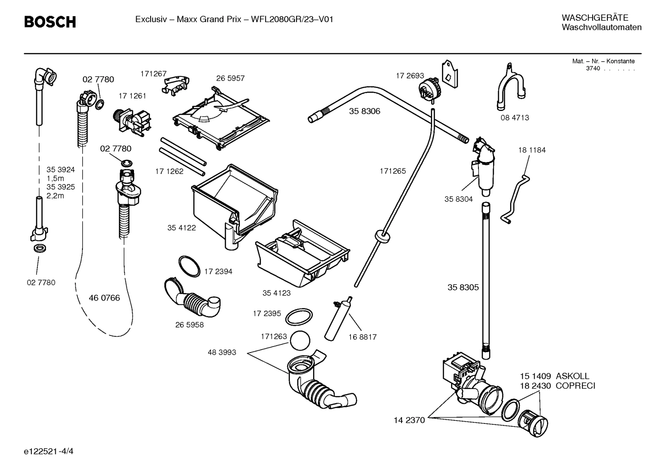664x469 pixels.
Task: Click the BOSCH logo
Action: pyautogui.click(x=50, y=22)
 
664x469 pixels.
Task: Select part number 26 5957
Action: pyautogui.click(x=230, y=78)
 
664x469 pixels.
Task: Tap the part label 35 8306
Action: pyautogui.click(x=364, y=111)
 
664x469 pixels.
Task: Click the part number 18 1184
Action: pyautogui.click(x=531, y=150)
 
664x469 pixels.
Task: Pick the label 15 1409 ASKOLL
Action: pyautogui.click(x=554, y=376)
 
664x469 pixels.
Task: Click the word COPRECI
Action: pyautogui.click(x=575, y=386)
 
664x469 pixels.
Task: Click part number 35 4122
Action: pyautogui.click(x=181, y=228)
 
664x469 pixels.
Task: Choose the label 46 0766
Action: pyautogui.click(x=104, y=298)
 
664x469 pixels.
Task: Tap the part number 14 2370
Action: pyautogui.click(x=409, y=420)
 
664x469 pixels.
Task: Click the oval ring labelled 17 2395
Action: pyautogui.click(x=298, y=317)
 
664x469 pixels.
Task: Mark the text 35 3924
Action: pyautogui.click(x=60, y=170)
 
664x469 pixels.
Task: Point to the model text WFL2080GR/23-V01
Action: pyautogui.click(x=292, y=19)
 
